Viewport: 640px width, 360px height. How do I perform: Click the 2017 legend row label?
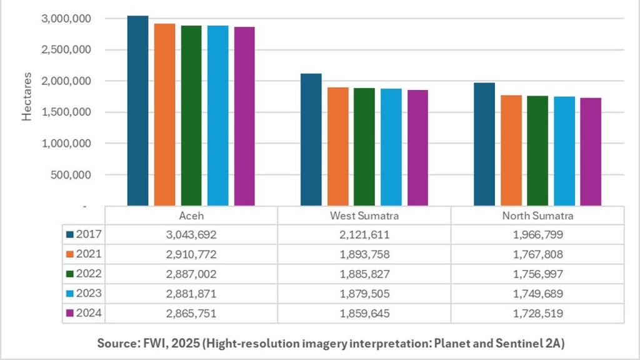click(x=89, y=234)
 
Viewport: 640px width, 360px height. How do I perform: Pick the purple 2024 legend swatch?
click(x=71, y=313)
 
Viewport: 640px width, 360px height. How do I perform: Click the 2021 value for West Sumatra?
click(x=364, y=254)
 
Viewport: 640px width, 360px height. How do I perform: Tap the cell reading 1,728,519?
click(x=537, y=313)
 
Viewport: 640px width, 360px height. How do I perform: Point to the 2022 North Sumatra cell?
click(x=537, y=274)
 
